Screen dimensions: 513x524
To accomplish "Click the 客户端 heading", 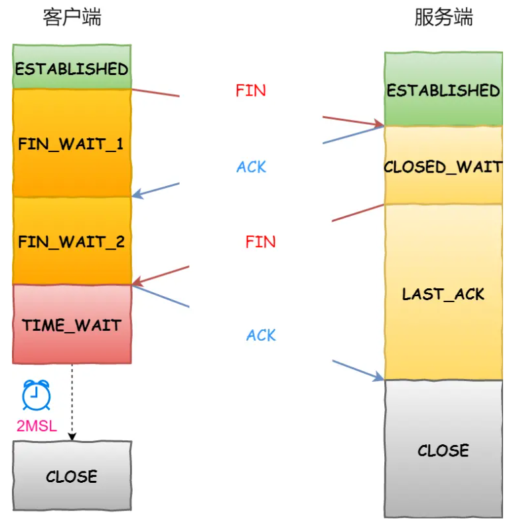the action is click(x=72, y=17).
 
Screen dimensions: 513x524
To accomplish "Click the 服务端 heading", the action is click(x=444, y=17).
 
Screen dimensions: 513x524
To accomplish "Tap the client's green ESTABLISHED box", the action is click(x=72, y=66).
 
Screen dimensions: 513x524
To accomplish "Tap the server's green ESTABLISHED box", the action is click(x=443, y=89).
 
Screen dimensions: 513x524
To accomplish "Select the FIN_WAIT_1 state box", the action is click(x=72, y=143).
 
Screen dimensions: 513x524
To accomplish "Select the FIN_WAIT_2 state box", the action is click(x=72, y=241).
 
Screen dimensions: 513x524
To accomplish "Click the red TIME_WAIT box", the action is click(x=72, y=324).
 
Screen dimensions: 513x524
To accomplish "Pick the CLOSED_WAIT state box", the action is click(x=443, y=165).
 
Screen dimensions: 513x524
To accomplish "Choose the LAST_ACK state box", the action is click(x=443, y=292).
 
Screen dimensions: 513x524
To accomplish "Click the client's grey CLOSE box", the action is click(x=72, y=476).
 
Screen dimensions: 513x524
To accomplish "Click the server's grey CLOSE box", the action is click(x=443, y=449).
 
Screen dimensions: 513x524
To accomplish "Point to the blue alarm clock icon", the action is click(x=36, y=395).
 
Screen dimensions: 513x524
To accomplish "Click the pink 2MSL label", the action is click(x=37, y=426).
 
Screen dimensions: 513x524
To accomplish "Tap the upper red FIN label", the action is click(x=251, y=90).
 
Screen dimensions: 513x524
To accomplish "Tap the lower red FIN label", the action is click(x=261, y=242).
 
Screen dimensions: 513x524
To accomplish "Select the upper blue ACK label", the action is click(x=251, y=167).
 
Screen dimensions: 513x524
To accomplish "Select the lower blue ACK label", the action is click(x=261, y=335).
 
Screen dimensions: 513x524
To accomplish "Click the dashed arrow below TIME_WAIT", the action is click(x=72, y=402).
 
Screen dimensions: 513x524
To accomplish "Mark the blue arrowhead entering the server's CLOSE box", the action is click(x=378, y=377).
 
